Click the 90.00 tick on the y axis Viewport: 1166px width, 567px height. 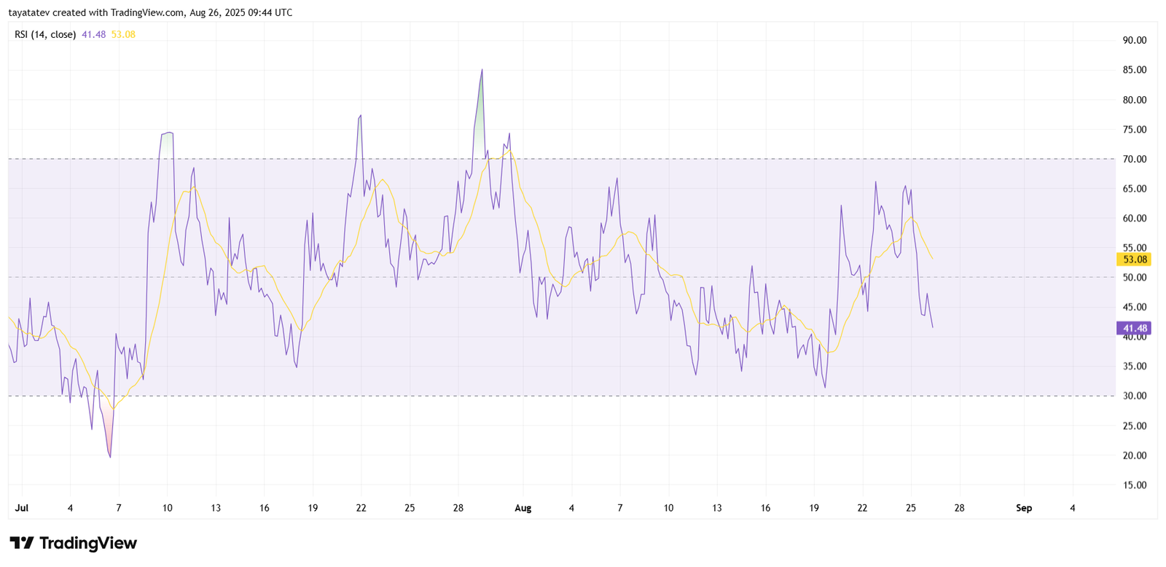(1135, 40)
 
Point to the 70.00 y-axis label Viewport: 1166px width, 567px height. (1135, 159)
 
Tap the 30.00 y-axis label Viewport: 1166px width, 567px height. (1135, 396)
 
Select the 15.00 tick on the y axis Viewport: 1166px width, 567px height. (1135, 485)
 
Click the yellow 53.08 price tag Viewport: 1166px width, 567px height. (1135, 259)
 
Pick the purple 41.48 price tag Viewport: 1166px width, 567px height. (1135, 328)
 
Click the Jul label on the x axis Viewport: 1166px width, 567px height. (22, 508)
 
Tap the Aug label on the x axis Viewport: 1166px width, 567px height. (523, 508)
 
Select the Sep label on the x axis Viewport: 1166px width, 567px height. (1024, 508)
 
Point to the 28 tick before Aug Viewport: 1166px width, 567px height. (458, 508)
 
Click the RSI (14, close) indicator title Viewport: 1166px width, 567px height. (45, 34)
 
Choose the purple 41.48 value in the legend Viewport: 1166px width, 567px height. (93, 34)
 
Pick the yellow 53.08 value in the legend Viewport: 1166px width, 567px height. (123, 34)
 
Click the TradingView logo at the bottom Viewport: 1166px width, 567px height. (73, 543)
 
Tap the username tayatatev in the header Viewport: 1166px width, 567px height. (29, 12)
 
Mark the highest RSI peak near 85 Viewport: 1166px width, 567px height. (482, 70)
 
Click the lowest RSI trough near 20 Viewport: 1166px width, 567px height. (110, 457)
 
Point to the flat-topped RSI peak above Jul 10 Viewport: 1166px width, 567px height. (167, 133)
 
